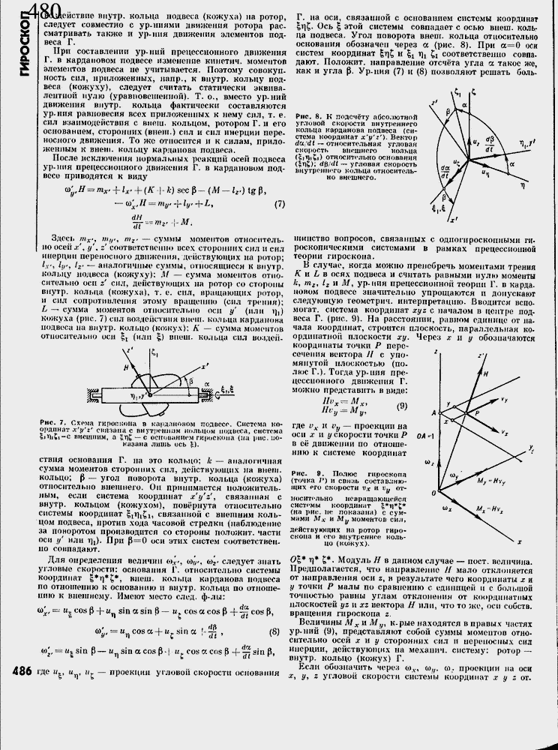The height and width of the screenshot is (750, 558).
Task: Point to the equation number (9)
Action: coord(402,406)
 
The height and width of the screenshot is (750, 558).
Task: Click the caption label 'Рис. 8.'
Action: coord(308,116)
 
